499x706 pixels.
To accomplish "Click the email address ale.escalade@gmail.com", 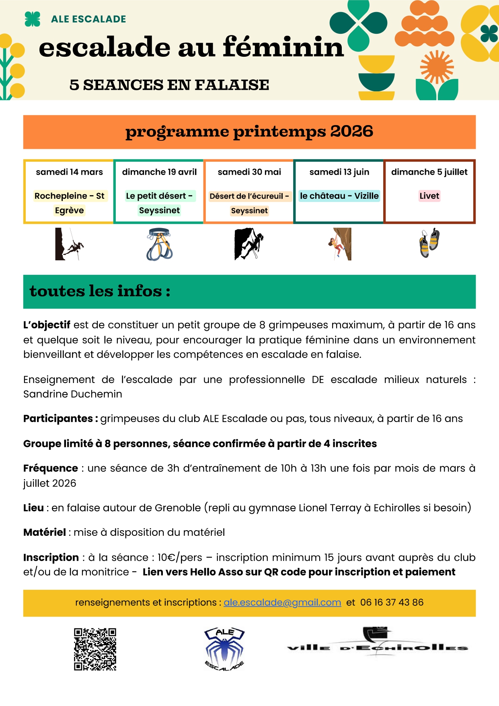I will click(282, 602).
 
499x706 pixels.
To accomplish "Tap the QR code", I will click(95, 649).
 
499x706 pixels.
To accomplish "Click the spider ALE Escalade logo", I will click(224, 649).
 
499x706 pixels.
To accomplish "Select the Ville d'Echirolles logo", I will click(377, 642).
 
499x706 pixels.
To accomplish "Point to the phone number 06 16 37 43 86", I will click(392, 602).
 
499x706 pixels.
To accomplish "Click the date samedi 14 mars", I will click(69, 172).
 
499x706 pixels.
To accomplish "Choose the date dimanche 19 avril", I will click(159, 172).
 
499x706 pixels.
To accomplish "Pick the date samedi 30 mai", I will click(249, 172).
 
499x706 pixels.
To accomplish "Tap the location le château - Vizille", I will click(339, 196).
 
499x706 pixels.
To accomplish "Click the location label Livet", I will click(429, 196).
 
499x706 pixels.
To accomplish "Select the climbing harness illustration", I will click(159, 244).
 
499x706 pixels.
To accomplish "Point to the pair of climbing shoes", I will click(429, 243).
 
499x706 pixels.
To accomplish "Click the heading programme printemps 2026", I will click(249, 132).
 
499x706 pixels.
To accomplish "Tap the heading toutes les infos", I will click(100, 291).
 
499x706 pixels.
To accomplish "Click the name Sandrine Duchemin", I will click(72, 394).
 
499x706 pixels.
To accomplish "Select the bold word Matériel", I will click(45, 532).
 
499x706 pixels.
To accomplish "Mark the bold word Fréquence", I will click(51, 468).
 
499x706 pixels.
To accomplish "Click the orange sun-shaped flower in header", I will click(437, 67).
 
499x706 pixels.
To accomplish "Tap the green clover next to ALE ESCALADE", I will click(32, 19).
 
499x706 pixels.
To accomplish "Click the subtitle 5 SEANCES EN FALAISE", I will click(169, 85).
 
